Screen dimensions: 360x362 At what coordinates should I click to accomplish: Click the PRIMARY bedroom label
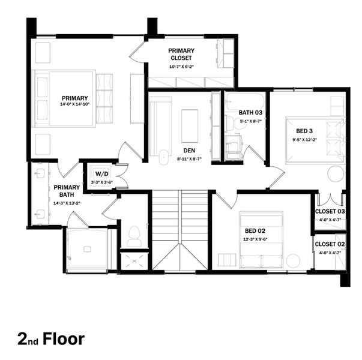click(74, 98)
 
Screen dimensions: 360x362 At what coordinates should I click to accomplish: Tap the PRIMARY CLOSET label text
click(181, 55)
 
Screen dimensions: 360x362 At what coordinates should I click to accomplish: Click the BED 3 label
click(304, 131)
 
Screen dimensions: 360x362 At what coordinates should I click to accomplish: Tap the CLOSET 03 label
click(330, 212)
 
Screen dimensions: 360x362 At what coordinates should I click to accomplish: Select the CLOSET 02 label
click(330, 244)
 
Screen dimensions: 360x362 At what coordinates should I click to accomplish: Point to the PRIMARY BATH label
click(66, 191)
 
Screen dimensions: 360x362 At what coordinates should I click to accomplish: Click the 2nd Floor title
click(51, 338)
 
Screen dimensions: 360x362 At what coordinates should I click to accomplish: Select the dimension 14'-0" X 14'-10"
click(74, 105)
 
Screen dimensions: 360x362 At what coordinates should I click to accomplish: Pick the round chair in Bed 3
click(336, 173)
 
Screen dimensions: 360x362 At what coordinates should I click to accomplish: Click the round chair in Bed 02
click(293, 260)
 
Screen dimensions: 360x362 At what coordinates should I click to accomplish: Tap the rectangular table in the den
click(190, 124)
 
